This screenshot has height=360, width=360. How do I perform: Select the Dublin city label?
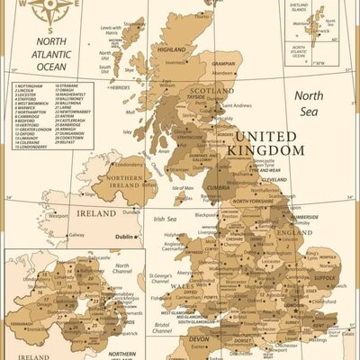123,238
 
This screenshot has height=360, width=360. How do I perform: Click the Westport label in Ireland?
58,216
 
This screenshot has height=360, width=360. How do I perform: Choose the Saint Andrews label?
237,105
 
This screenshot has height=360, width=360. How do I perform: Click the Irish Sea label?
165,219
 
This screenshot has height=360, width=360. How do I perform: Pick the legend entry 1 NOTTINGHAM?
34,87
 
